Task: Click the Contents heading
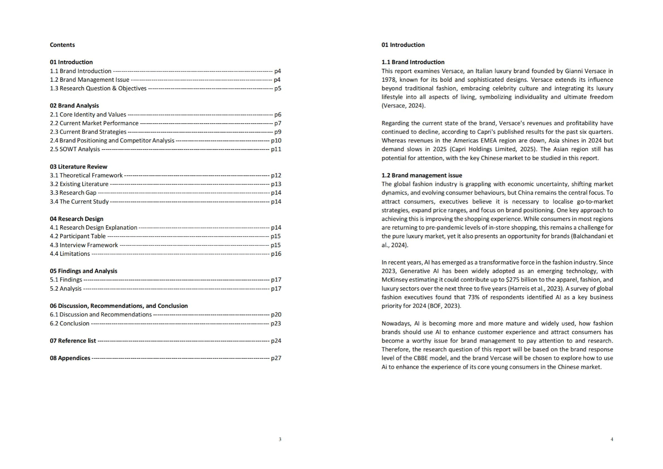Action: point(62,45)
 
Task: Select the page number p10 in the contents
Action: point(276,140)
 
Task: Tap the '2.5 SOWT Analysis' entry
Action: point(75,149)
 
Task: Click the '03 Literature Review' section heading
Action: point(78,167)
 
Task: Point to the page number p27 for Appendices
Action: point(276,358)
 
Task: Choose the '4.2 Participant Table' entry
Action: point(77,236)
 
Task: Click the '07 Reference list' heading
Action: point(73,341)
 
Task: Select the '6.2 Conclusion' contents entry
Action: point(70,323)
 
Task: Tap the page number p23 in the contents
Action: point(276,323)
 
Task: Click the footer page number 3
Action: point(280,439)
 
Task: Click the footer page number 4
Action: point(612,439)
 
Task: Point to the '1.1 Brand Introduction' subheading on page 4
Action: point(413,62)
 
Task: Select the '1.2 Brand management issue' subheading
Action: point(421,175)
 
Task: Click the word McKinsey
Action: point(394,280)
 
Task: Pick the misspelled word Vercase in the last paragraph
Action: point(500,358)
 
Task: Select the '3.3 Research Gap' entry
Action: point(73,193)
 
